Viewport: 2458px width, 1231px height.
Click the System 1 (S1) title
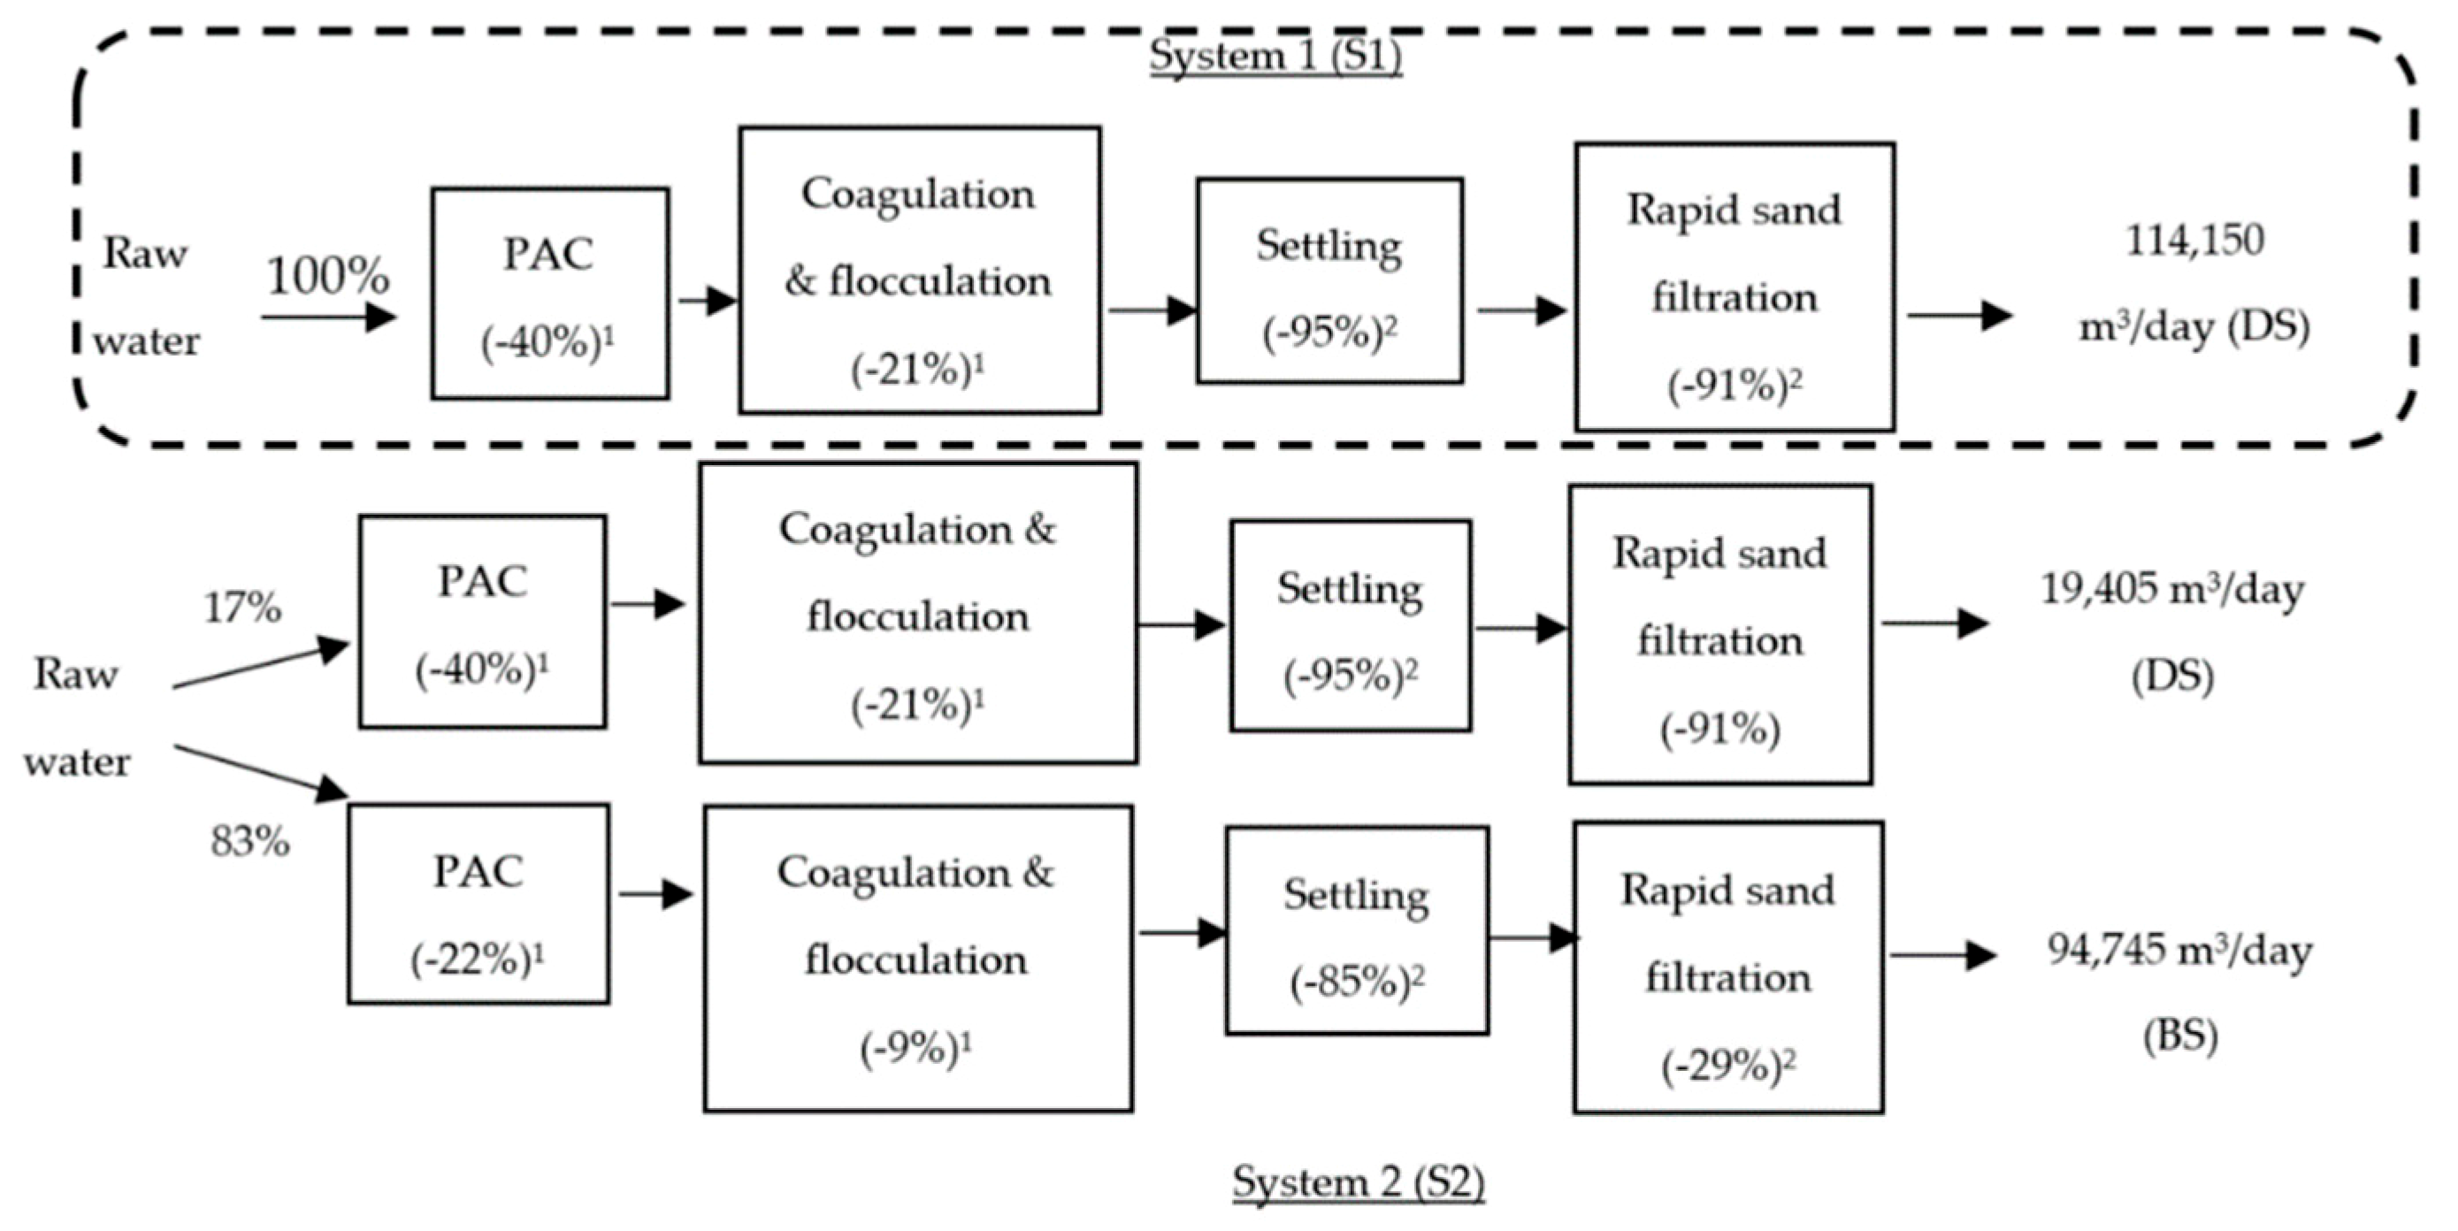click(1275, 56)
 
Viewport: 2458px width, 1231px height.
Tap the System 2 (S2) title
click(1358, 1181)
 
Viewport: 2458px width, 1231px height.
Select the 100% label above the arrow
click(327, 276)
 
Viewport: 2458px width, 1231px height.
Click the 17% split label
click(242, 607)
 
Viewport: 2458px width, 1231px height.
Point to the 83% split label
click(250, 842)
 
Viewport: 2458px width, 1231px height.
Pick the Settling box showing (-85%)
click(1356, 930)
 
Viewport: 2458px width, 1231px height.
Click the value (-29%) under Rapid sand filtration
click(1727, 1066)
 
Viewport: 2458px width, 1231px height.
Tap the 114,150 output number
click(2194, 240)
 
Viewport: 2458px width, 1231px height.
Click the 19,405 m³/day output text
click(2171, 590)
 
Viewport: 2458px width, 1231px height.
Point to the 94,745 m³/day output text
click(2179, 951)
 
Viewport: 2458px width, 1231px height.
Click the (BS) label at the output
click(2179, 1036)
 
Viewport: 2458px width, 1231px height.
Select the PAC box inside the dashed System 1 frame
click(549, 293)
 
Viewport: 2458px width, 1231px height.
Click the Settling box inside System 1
click(1329, 280)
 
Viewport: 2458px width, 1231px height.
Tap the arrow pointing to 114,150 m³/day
click(1959, 316)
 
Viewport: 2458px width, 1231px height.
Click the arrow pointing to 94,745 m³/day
click(1942, 954)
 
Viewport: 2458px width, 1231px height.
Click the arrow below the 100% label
click(327, 317)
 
